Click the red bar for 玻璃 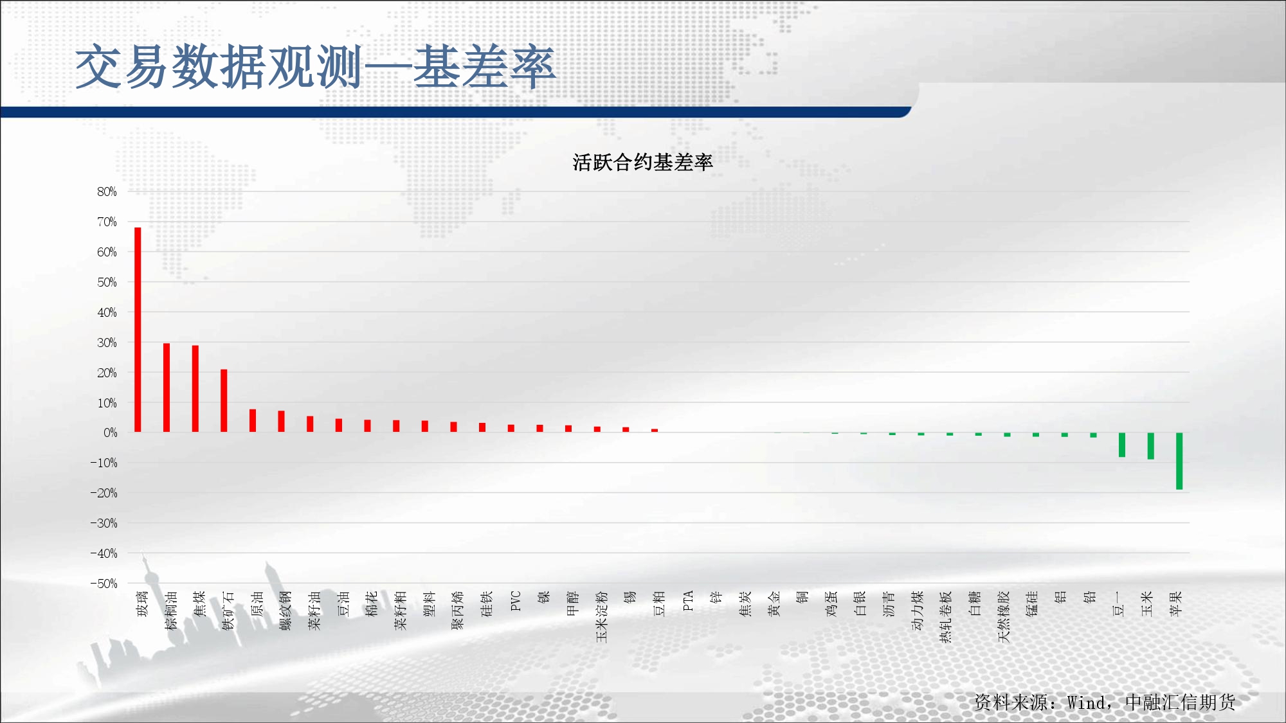click(x=138, y=330)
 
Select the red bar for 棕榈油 click(x=167, y=388)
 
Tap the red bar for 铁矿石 click(x=224, y=401)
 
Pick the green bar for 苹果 click(x=1179, y=461)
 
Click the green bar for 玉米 click(x=1150, y=446)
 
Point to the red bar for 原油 click(x=253, y=421)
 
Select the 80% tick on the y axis click(x=107, y=192)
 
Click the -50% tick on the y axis click(x=104, y=584)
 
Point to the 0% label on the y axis click(x=111, y=433)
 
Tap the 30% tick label click(x=107, y=343)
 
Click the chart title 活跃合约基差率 click(x=642, y=163)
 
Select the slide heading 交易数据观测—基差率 click(x=315, y=67)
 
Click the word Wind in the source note click(x=1086, y=702)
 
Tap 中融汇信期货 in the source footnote click(x=1181, y=702)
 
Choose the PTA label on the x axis click(x=688, y=600)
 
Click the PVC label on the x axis click(x=516, y=600)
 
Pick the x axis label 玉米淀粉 click(x=602, y=617)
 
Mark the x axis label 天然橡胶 click(x=1004, y=617)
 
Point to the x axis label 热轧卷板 click(x=946, y=617)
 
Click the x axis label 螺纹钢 click(x=286, y=611)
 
